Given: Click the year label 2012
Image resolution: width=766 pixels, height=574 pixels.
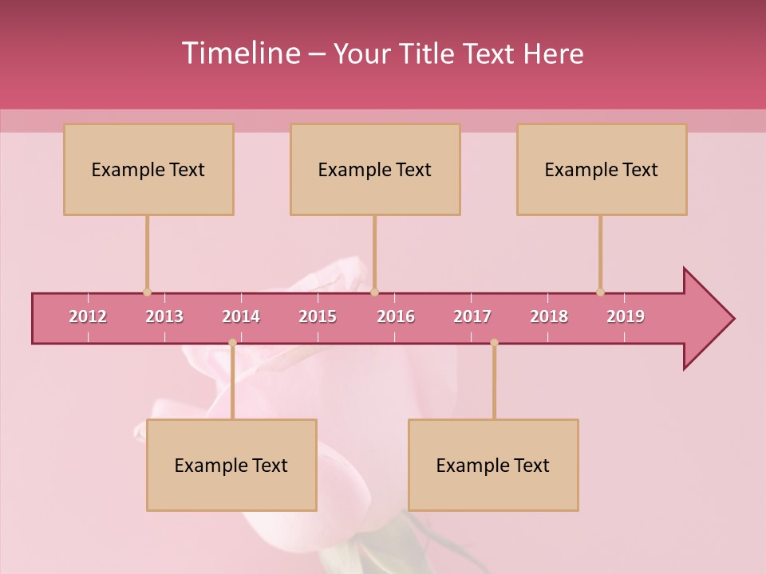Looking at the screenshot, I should click(x=88, y=316).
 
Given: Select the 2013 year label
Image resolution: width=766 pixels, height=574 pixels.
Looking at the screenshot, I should click(x=164, y=316).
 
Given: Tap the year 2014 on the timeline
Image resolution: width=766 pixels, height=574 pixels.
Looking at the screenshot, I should click(x=241, y=316).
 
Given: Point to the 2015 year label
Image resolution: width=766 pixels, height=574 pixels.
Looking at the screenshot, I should click(x=318, y=316).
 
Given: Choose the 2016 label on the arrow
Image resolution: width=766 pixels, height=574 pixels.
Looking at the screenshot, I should click(x=396, y=316).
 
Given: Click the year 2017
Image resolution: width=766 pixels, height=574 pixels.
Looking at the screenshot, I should click(x=472, y=316).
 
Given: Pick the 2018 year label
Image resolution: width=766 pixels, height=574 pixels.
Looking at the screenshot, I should click(x=549, y=316).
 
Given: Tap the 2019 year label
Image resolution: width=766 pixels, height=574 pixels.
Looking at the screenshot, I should click(x=626, y=316).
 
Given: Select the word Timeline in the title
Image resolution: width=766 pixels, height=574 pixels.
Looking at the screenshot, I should click(x=239, y=53).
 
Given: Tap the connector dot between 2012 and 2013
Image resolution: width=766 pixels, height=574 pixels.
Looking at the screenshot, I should click(x=147, y=292).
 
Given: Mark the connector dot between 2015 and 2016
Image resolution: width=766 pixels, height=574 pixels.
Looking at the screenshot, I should click(x=374, y=292).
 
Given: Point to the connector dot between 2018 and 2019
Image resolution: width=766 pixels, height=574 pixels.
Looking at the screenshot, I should click(x=600, y=292).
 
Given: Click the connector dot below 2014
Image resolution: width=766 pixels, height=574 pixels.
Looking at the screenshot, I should click(x=232, y=343).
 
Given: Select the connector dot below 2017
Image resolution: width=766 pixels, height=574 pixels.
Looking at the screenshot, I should click(x=494, y=343).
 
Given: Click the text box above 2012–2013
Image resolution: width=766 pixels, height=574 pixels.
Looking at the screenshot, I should click(x=148, y=169).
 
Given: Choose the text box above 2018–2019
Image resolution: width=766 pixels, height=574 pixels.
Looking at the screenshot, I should click(x=602, y=169).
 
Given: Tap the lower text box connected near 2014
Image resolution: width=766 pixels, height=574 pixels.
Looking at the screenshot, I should click(x=231, y=465).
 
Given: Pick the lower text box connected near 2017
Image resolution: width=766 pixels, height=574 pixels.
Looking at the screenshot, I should click(x=493, y=465).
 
